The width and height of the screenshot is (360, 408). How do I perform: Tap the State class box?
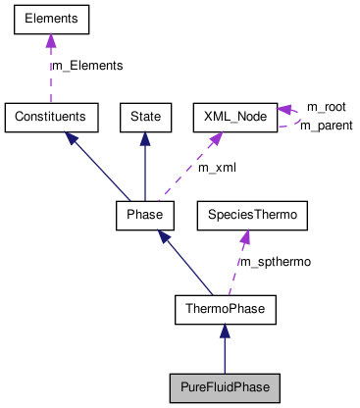[145, 116]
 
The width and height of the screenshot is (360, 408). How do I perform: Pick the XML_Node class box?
[233, 116]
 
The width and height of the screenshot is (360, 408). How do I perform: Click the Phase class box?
[145, 213]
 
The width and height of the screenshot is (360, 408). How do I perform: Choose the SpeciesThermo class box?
[253, 213]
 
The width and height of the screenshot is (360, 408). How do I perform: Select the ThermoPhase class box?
[225, 309]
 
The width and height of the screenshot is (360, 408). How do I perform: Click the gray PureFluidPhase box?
[225, 386]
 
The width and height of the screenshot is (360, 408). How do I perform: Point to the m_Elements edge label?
[86, 66]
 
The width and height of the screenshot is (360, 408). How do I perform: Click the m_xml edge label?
[217, 168]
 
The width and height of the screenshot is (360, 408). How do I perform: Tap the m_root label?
[326, 106]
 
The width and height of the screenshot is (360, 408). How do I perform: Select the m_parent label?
[326, 126]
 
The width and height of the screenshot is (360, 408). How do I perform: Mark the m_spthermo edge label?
[276, 262]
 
